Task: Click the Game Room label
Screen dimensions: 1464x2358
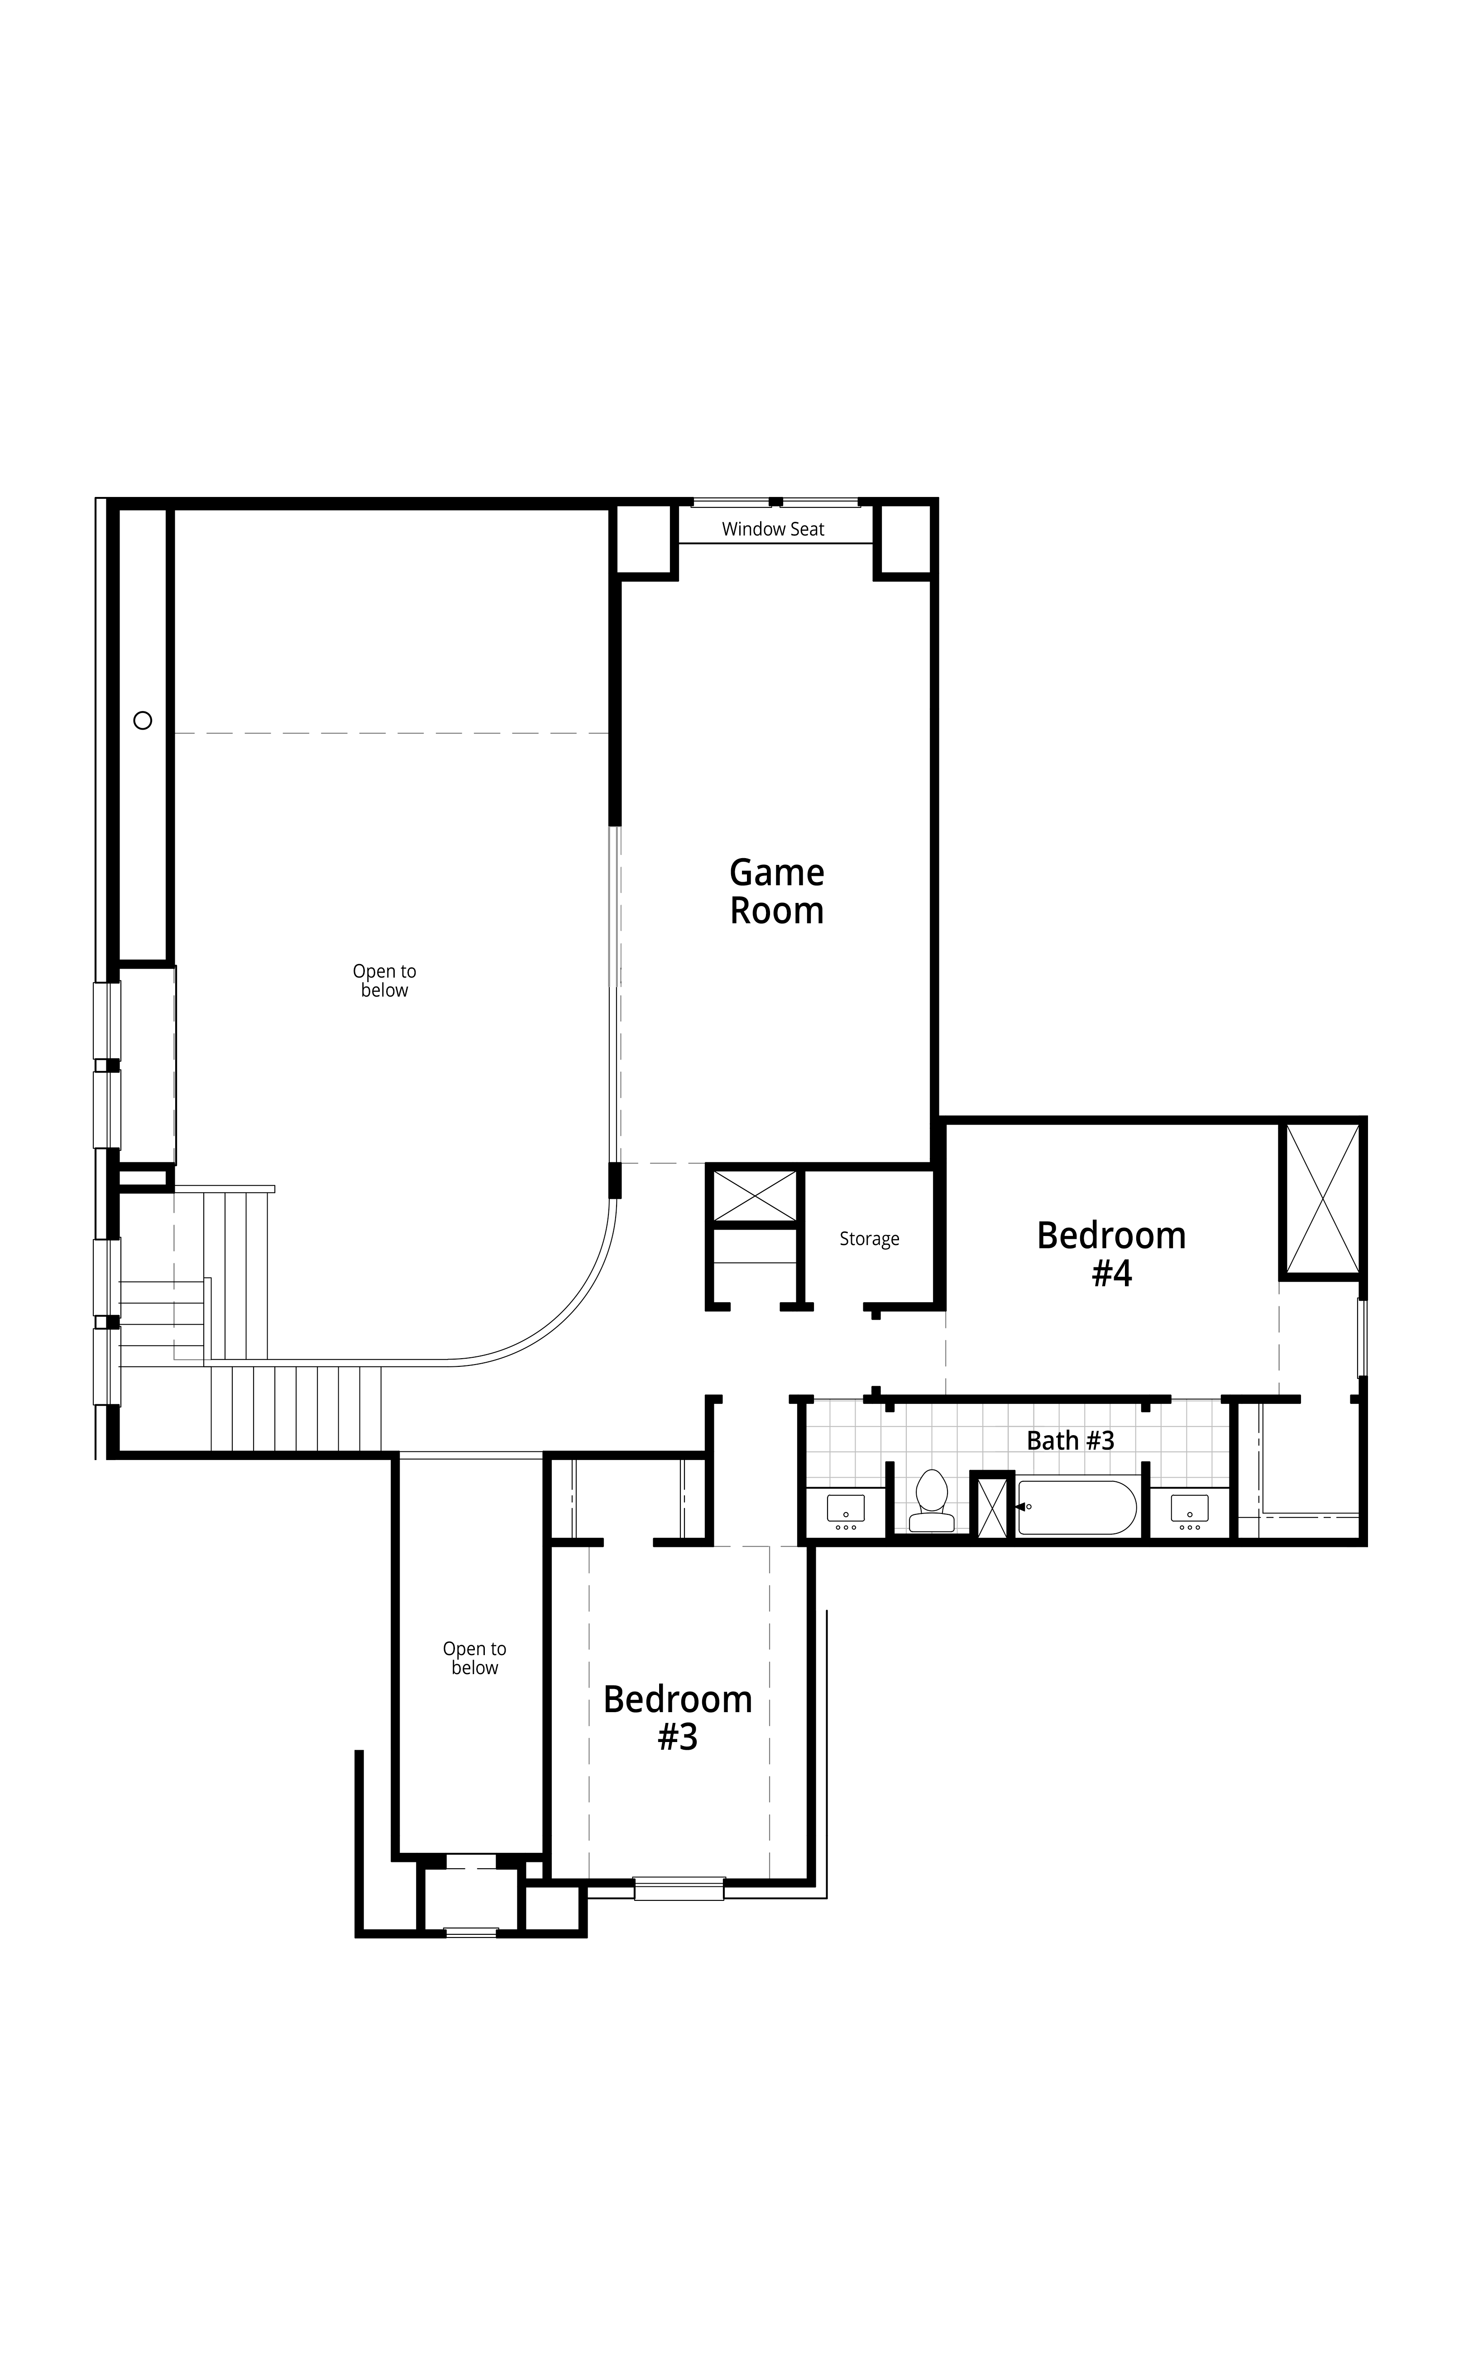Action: pos(776,892)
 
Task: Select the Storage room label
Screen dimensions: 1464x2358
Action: pos(869,1239)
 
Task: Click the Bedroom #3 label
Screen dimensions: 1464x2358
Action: pos(678,1718)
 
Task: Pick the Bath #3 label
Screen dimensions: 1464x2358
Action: pos(1070,1440)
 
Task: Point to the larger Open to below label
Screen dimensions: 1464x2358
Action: pos(384,981)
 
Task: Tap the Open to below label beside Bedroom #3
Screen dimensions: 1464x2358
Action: pos(474,1658)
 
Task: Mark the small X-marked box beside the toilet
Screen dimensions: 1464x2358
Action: pos(991,1506)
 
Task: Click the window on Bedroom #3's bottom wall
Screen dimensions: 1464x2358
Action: pos(679,1888)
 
